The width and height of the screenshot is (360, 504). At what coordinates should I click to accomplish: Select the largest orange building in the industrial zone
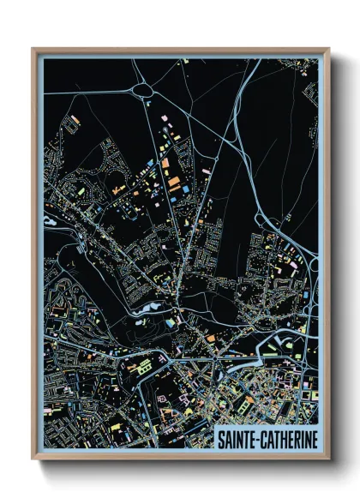(175, 183)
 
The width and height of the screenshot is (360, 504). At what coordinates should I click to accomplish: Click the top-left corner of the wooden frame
(33, 49)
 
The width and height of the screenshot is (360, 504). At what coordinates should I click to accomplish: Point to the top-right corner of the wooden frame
(328, 49)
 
